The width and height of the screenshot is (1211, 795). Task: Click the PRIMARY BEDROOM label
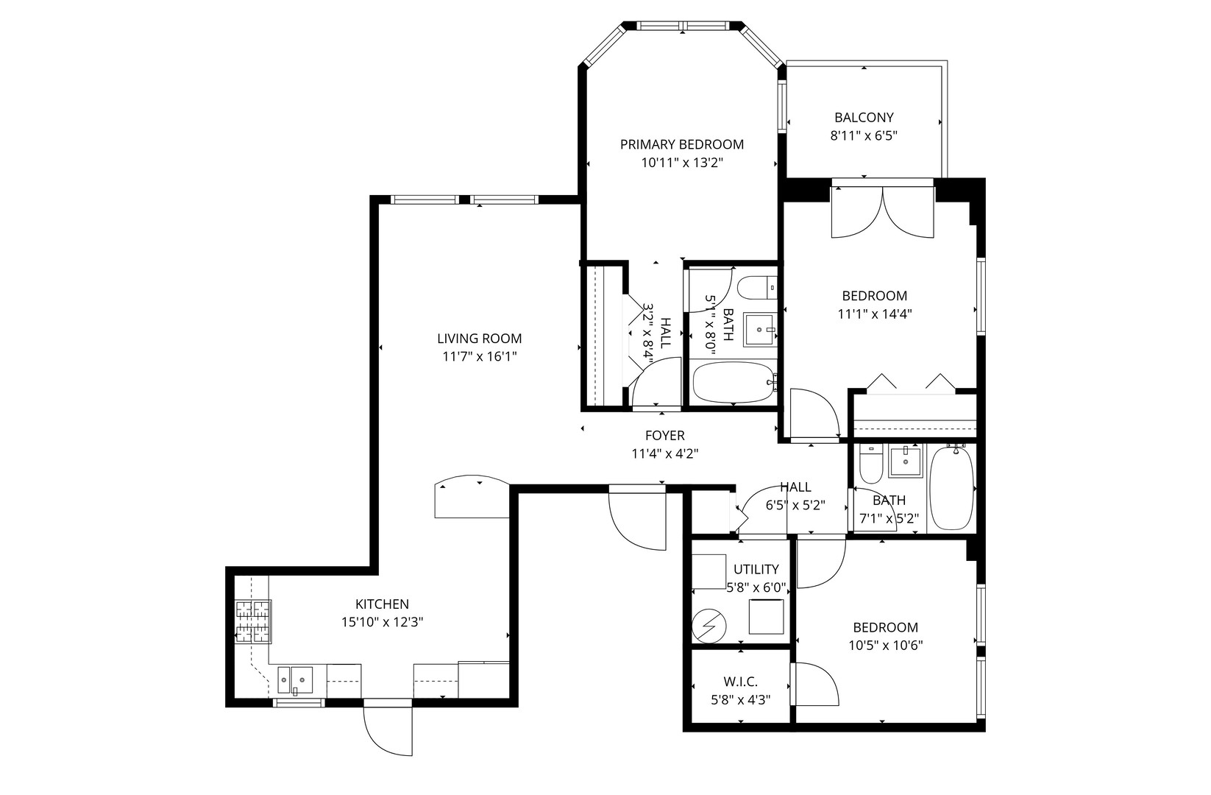click(681, 144)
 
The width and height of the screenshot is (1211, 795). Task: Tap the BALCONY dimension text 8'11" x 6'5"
click(864, 135)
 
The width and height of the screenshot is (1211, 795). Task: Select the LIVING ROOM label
click(479, 339)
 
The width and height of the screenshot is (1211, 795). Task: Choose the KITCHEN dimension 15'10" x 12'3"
click(382, 622)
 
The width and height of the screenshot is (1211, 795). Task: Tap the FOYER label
click(664, 436)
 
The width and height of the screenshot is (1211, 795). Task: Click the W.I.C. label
click(740, 682)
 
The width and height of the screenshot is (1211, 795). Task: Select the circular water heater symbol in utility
click(709, 626)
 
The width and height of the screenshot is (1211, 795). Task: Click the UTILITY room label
click(756, 569)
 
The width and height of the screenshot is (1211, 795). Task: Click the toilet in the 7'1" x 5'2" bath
click(870, 464)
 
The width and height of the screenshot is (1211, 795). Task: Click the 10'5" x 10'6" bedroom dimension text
click(885, 646)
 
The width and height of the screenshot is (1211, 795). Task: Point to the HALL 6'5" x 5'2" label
click(795, 487)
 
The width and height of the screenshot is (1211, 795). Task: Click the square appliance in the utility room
click(766, 616)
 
